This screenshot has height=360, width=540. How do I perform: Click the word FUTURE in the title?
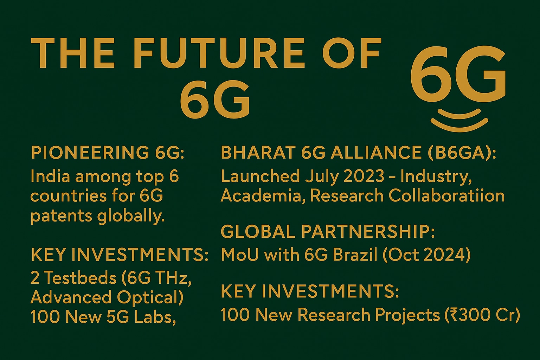[219, 53]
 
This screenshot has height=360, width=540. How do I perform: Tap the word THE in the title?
[72, 53]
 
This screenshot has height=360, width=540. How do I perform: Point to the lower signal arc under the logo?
[459, 125]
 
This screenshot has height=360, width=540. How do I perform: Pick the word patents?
[62, 216]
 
